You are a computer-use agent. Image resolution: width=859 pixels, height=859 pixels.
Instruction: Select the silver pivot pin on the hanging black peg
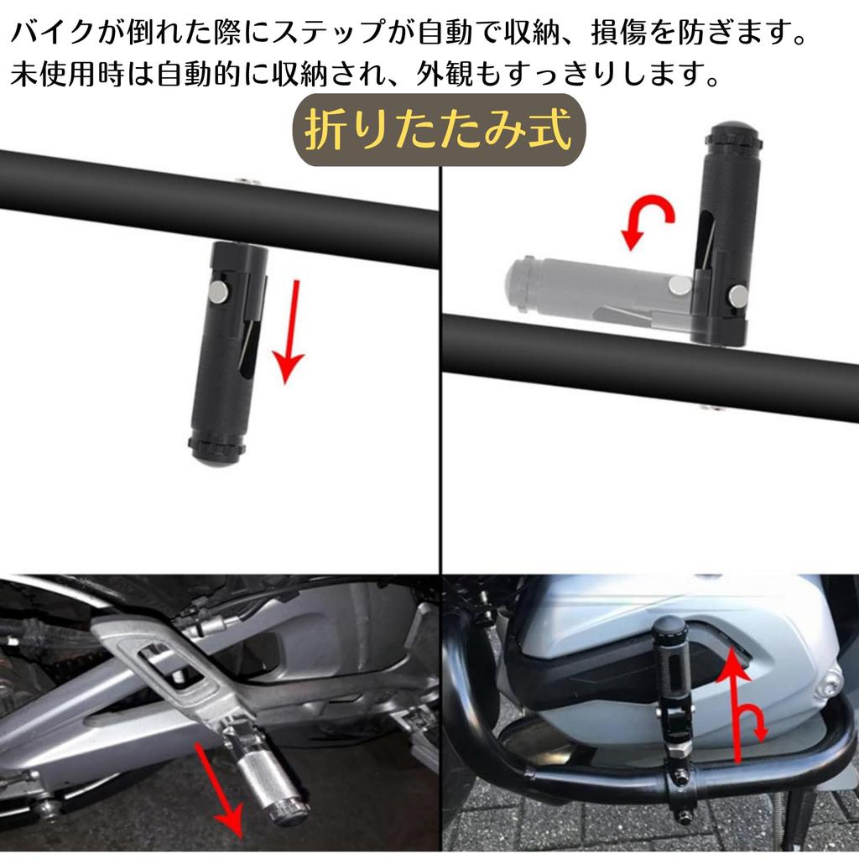click(x=218, y=291)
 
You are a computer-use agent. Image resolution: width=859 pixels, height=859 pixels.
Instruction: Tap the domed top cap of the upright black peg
click(x=731, y=134)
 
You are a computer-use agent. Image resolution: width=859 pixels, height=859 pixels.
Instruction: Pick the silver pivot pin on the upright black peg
click(x=738, y=294)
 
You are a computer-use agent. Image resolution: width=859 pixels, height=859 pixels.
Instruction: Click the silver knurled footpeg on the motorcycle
click(x=268, y=780)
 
